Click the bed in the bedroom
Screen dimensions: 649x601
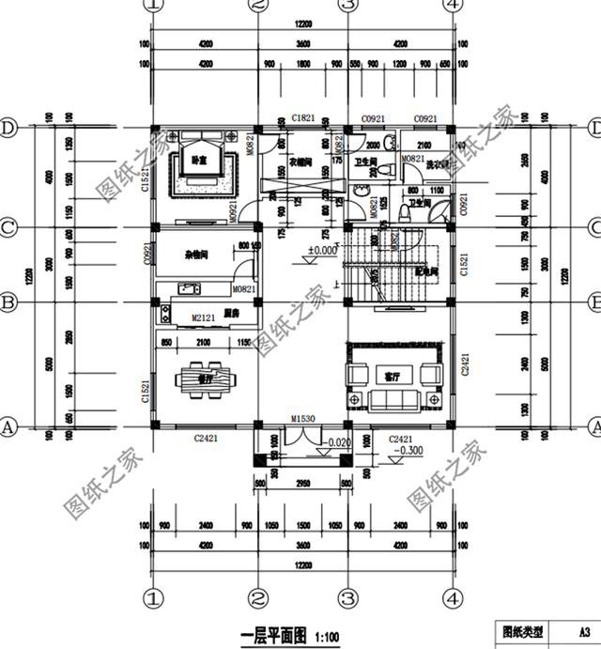coord(199,165)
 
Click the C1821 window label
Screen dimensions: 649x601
coord(302,118)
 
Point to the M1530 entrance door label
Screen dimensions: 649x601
coord(301,418)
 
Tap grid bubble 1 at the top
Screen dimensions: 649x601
coord(153,6)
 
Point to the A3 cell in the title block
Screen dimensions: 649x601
coord(582,631)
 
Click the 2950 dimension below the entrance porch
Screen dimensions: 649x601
coord(303,484)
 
